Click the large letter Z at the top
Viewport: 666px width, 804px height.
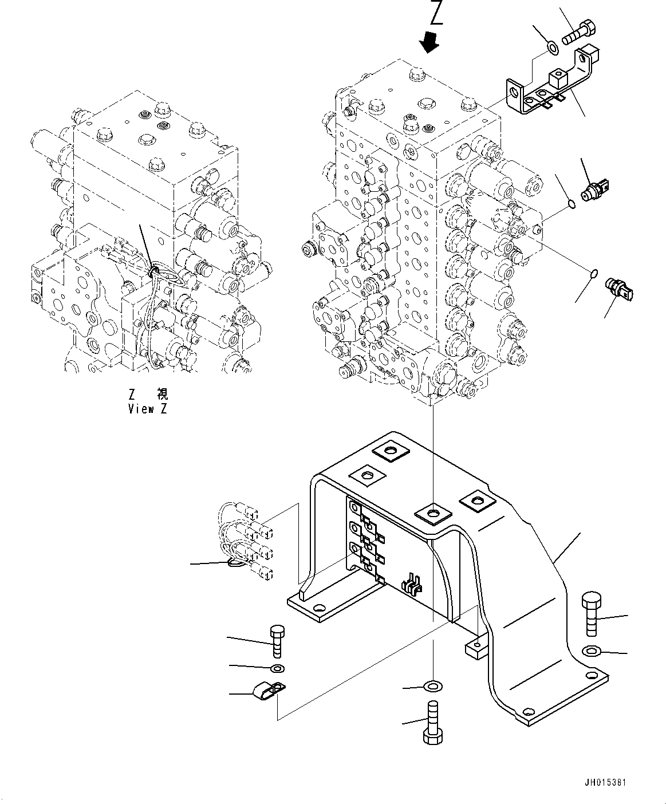(437, 13)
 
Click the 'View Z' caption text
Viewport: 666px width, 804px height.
(148, 409)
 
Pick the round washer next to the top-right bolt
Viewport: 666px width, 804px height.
(552, 48)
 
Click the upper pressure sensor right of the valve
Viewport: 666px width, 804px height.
(596, 191)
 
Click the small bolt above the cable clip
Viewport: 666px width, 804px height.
(275, 641)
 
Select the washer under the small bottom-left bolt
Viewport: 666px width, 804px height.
(278, 668)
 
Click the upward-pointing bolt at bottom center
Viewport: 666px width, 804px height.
(432, 723)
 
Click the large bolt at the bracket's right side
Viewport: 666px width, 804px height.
(591, 613)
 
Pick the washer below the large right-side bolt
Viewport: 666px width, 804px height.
(591, 651)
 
